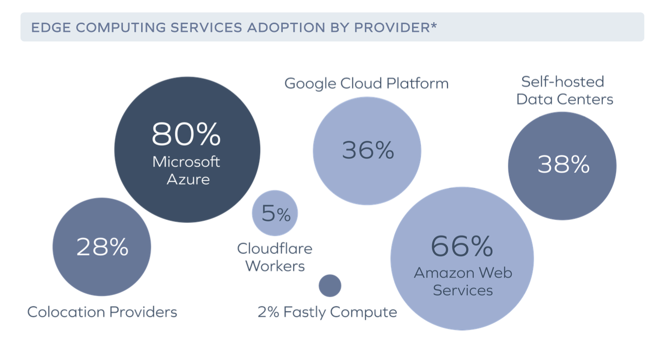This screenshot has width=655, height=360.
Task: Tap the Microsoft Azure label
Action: point(187,170)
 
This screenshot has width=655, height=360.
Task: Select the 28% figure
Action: point(102,247)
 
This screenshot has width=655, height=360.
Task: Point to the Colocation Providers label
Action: point(102,312)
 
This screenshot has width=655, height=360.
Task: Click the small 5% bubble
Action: point(275,213)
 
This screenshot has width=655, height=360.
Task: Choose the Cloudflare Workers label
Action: point(275,257)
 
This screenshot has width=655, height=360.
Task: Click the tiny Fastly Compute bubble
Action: point(330,286)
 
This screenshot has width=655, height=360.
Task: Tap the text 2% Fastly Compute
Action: point(327,312)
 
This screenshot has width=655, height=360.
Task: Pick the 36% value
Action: point(368,150)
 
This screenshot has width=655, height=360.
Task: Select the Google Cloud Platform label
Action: point(366,83)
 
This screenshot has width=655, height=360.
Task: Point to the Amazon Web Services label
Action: point(463,281)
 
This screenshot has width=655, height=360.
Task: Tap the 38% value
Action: point(563,165)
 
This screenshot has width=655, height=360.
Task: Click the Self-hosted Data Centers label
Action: point(565,90)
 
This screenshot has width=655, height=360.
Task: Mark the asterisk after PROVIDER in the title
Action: point(434,26)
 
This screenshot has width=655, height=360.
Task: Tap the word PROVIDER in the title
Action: point(391,28)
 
